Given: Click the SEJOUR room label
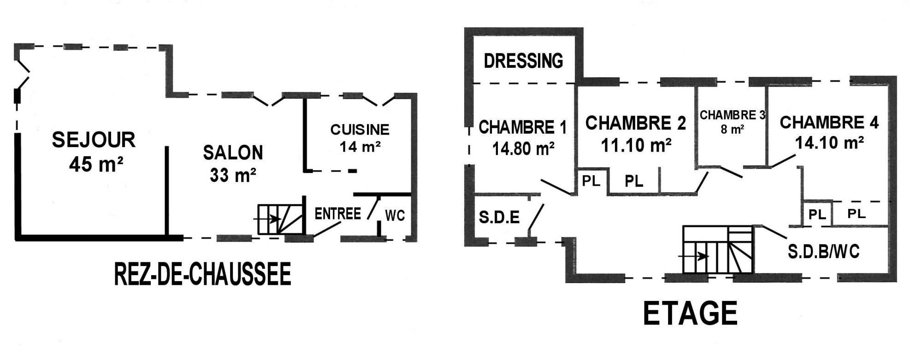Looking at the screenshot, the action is pos(94,140).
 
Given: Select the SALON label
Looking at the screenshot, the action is pos(233,153).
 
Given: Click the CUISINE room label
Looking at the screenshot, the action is pos(360,130).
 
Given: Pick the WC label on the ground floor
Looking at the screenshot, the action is pos(395,215).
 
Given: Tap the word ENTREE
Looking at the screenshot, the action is pos(337,214).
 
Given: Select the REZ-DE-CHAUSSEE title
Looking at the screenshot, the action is pos(202,274).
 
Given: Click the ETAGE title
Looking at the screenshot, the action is pos(690,313).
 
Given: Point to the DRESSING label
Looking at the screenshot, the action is pos(523,61).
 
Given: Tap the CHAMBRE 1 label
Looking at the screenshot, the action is pos(523,127).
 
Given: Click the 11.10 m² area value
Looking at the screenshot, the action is pos(636,146).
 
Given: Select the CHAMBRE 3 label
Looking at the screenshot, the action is pos(733,115).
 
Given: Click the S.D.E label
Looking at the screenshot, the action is pos(499,217).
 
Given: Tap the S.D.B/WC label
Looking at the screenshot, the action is pos(824,252).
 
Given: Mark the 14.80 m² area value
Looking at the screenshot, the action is pos(523,148).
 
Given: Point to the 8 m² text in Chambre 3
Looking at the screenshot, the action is pos(733,130).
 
